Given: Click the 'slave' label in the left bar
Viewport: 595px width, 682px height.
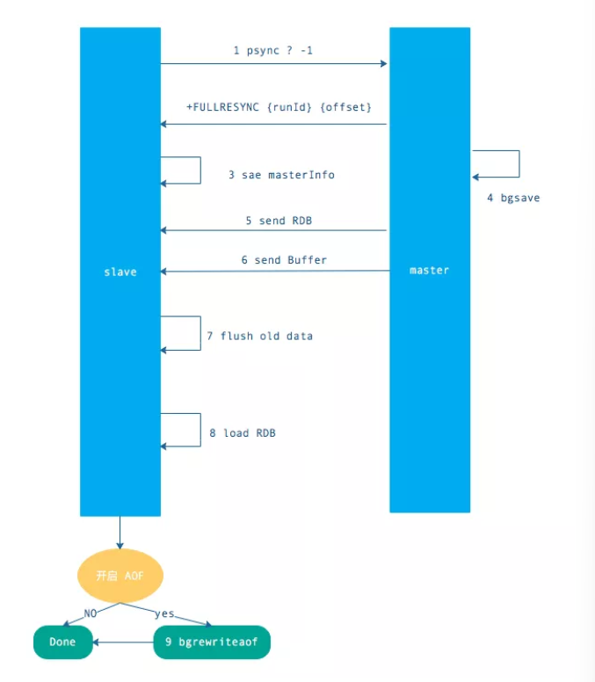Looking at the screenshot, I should click(x=120, y=272).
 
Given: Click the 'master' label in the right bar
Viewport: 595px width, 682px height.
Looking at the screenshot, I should click(x=429, y=270).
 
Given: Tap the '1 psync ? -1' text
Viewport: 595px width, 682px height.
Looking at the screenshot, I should click(x=272, y=51).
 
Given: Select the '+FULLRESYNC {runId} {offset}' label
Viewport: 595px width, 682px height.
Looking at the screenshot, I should click(x=279, y=107).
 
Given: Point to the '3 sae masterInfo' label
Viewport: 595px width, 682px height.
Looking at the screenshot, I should click(x=281, y=175).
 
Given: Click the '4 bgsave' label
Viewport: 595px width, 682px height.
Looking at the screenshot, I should click(x=513, y=198).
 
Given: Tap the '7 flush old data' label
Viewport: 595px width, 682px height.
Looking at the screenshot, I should click(x=259, y=336).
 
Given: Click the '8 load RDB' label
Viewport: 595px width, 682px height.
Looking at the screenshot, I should click(x=242, y=432).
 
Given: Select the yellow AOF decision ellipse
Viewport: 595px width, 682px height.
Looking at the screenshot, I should click(x=120, y=576).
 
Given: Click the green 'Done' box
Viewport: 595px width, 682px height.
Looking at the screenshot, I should click(x=62, y=642).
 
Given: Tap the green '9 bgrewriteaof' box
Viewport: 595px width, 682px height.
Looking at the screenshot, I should click(x=211, y=642).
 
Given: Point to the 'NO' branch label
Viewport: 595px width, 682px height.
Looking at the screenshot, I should click(x=90, y=613).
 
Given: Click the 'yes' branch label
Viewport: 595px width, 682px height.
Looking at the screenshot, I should click(x=164, y=613).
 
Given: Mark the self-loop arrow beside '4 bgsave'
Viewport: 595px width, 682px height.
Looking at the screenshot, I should click(x=518, y=163).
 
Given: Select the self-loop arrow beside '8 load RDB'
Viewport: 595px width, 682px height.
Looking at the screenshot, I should click(x=200, y=430).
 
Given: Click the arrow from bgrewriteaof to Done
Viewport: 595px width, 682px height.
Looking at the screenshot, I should click(x=124, y=642).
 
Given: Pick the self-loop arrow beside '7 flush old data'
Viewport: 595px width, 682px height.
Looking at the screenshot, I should click(x=200, y=333).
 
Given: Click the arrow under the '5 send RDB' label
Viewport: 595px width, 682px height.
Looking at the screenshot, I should click(x=273, y=231).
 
